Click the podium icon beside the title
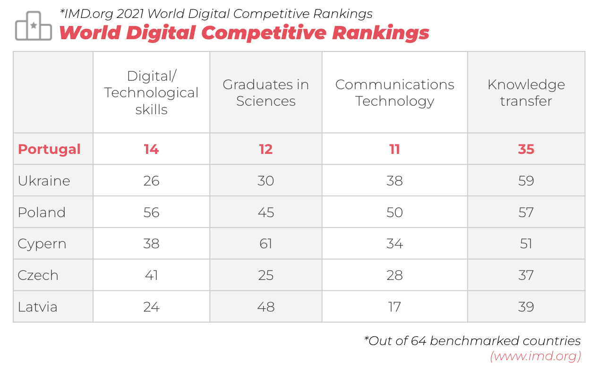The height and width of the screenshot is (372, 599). coord(34,26)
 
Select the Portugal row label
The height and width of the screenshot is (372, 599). coord(49,149)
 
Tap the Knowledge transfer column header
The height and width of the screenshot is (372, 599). coord(526,93)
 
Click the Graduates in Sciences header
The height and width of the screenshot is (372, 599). coord(266,93)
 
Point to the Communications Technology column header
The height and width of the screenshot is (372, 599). coord(395,93)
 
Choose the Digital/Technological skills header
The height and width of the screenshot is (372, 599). coord(151,93)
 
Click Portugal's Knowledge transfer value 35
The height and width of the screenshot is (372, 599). coord(526,149)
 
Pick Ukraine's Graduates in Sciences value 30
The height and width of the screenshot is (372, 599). coord(266,181)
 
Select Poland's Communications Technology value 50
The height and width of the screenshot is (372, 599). coord(395,212)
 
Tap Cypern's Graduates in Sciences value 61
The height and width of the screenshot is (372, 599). coord(266,244)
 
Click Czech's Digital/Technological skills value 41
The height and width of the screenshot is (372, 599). coord(151,275)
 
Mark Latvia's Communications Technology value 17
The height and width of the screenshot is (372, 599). coord(395,307)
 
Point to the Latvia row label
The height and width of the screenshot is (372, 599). coord(37,307)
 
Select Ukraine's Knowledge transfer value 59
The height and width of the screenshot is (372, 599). coord(526,181)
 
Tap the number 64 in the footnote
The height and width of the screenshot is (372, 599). coord(419,341)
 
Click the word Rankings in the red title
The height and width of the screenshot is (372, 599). coord(381,33)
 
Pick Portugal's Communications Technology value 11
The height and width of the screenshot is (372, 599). coord(395,149)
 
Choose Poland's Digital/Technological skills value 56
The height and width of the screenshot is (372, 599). coord(151,212)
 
